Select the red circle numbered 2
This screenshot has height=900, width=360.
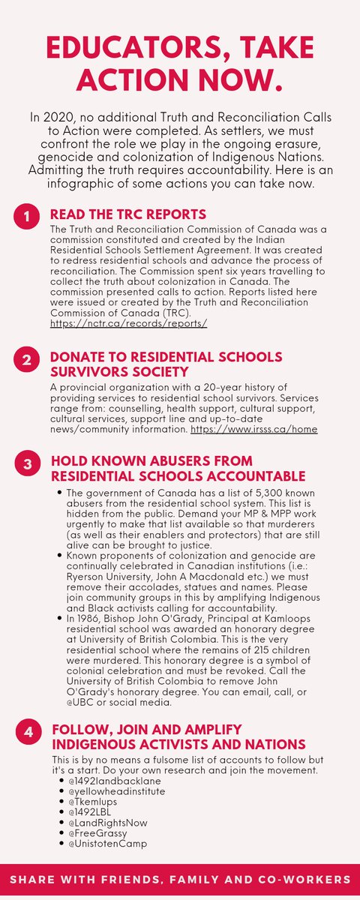(26, 359)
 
